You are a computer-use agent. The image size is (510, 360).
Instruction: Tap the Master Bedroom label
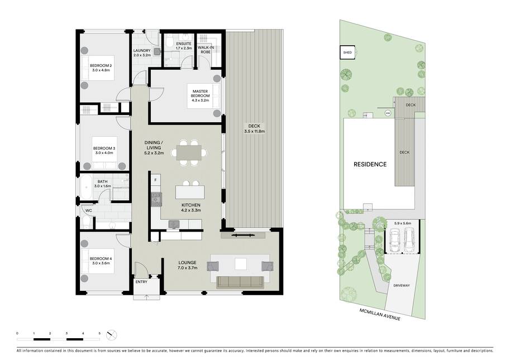click(x=201, y=94)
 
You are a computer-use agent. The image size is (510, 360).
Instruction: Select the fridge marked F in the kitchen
click(x=155, y=180)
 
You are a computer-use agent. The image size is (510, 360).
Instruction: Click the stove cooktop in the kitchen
click(x=156, y=199)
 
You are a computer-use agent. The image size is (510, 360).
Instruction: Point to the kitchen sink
click(x=174, y=224)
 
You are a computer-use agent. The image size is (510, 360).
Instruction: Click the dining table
click(x=189, y=152)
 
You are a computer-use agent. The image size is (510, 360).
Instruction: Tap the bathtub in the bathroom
click(x=87, y=188)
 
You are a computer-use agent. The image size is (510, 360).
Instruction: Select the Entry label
click(x=141, y=282)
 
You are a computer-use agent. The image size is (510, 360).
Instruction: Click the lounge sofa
click(x=240, y=282)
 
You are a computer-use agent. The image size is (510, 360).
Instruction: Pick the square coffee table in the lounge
click(x=241, y=264)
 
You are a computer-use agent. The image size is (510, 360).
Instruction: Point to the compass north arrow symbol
click(x=111, y=335)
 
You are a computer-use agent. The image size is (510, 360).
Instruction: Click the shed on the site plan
click(x=347, y=52)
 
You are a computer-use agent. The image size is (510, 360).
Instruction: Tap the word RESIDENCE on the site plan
click(x=370, y=165)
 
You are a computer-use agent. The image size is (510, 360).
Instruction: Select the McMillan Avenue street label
click(x=380, y=314)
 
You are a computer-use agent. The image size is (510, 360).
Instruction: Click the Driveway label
click(x=402, y=286)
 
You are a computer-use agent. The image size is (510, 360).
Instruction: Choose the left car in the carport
click(x=394, y=240)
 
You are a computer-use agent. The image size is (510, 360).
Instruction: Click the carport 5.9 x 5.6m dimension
click(x=403, y=224)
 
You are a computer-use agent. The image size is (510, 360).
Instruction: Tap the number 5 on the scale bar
click(x=99, y=333)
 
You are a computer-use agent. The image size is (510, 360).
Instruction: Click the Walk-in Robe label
click(x=206, y=50)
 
